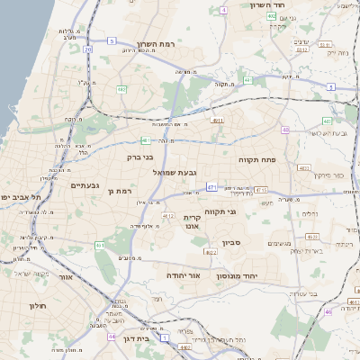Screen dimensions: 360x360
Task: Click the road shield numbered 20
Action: pyautogui.click(x=87, y=50)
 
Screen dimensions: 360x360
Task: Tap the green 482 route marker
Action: pyautogui.click(x=121, y=89)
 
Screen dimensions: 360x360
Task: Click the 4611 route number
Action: pyautogui.click(x=217, y=120)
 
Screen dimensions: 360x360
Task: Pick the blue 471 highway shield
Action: pyautogui.click(x=211, y=187)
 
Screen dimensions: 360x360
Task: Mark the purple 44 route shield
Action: pyautogui.click(x=112, y=336)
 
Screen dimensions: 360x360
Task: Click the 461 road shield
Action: pyautogui.click(x=100, y=245)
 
